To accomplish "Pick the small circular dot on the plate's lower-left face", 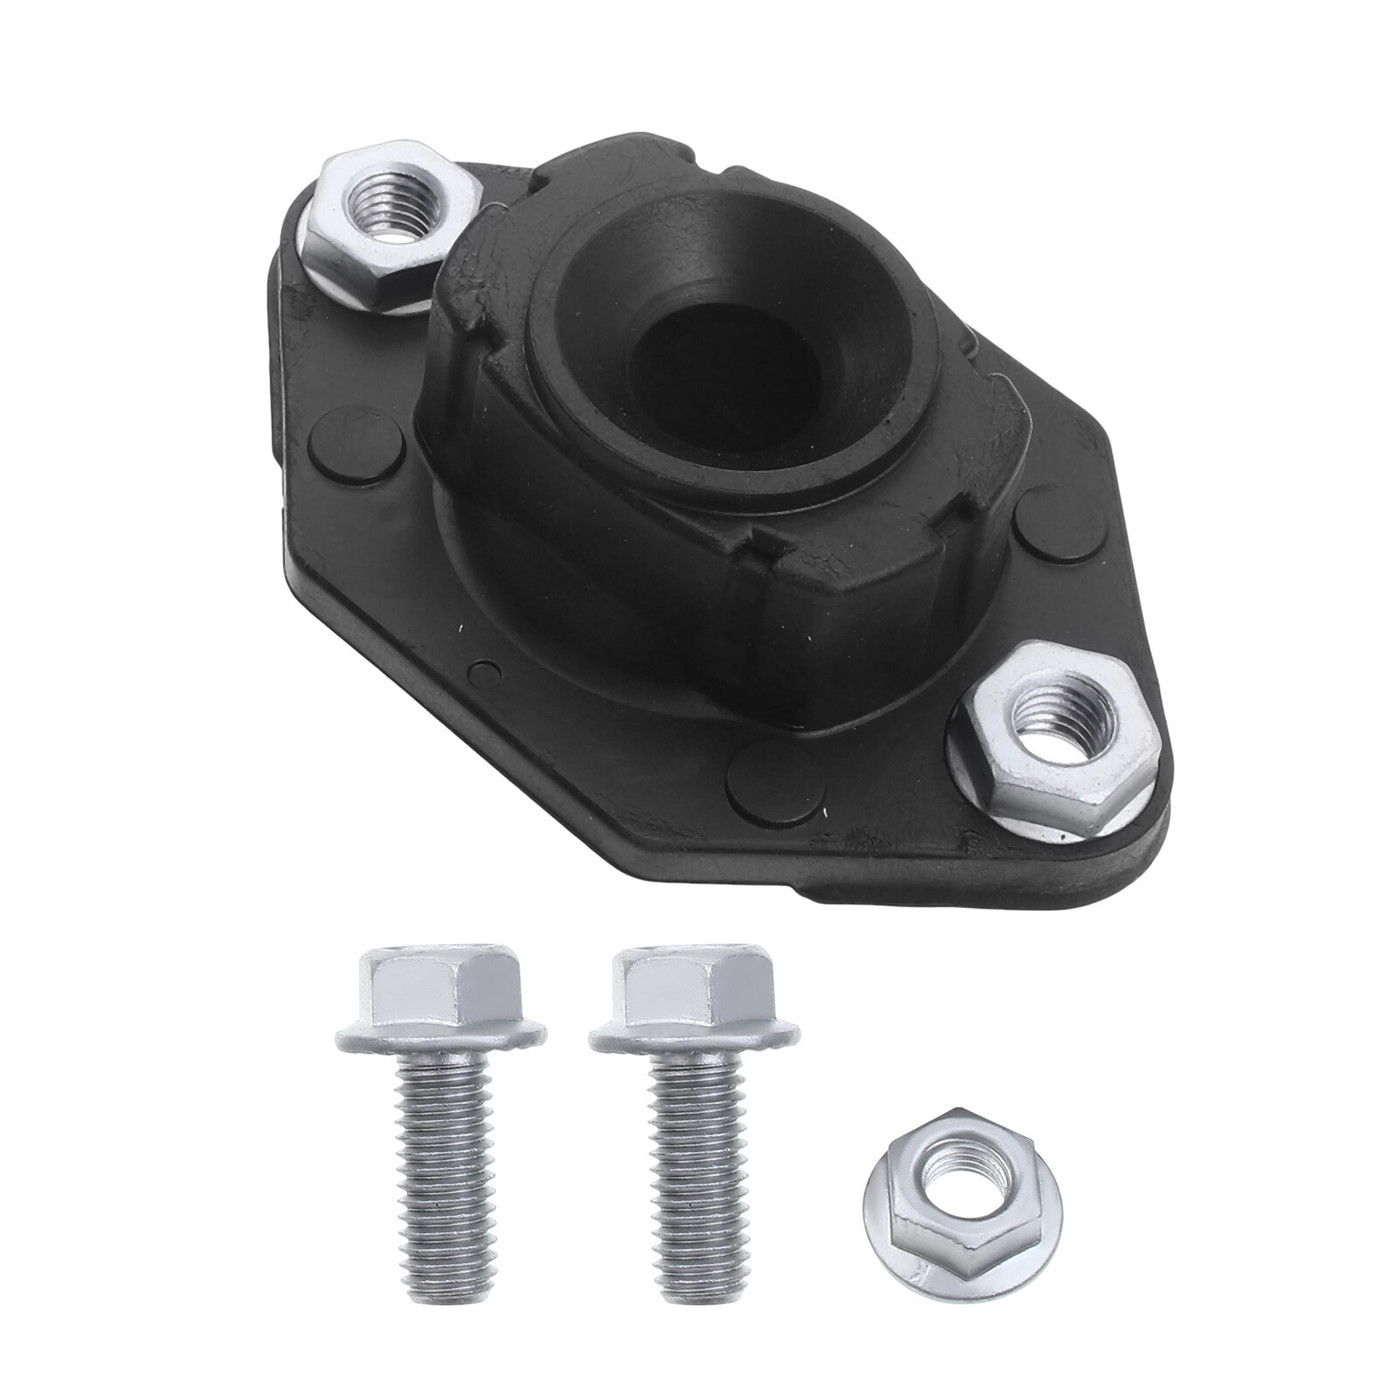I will [x=478, y=673].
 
